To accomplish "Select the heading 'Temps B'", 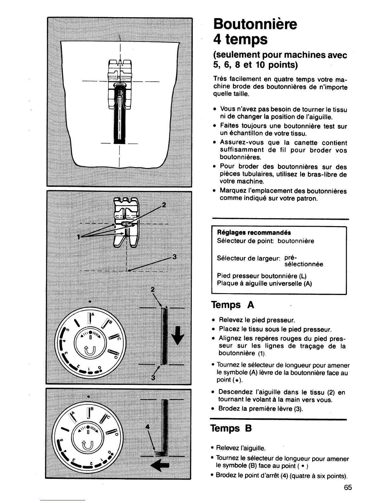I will pos(231,428).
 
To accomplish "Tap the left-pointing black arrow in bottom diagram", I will pos(160,466).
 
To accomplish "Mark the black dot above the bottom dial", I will pos(88,397).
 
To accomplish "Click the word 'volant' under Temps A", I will pos(269,399).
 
